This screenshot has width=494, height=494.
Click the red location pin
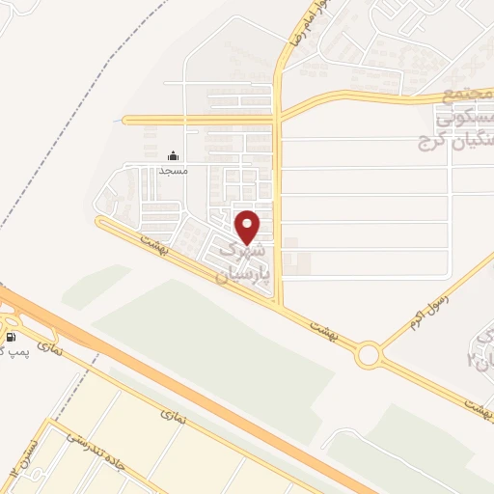click(x=249, y=228)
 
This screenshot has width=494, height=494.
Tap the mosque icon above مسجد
click(x=173, y=155)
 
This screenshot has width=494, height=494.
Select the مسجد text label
click(x=173, y=170)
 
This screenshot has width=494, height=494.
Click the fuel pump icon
click(x=11, y=338)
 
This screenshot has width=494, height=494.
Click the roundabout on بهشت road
click(x=368, y=356)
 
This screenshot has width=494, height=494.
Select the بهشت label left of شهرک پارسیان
click(x=153, y=244)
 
